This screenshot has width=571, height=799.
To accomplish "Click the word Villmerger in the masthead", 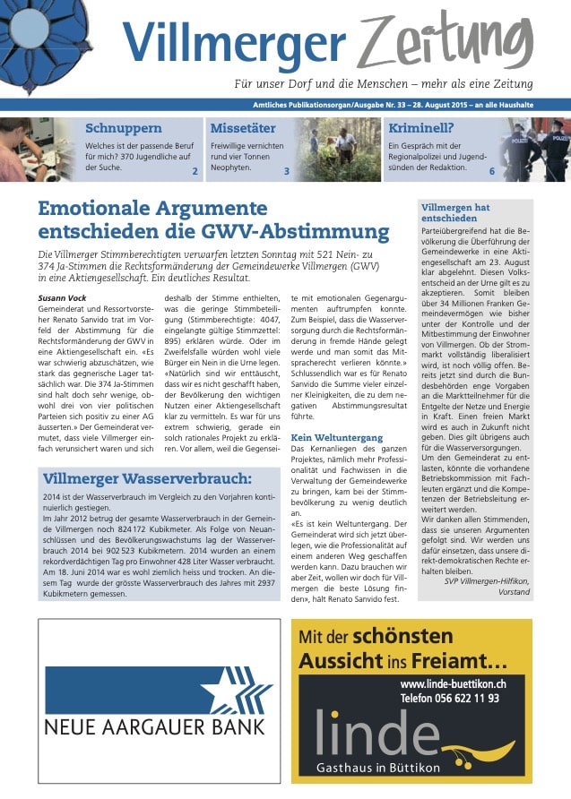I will [234, 42].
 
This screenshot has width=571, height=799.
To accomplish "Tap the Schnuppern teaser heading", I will [123, 128].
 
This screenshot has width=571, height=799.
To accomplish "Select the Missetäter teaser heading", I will [242, 128].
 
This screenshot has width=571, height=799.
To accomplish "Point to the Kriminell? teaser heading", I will [420, 128].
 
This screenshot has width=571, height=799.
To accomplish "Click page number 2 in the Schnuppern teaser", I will [195, 170].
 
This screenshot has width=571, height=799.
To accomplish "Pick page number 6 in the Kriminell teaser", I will [491, 170].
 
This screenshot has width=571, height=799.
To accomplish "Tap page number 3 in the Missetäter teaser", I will [286, 170].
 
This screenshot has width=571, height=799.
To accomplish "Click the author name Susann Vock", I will [64, 296].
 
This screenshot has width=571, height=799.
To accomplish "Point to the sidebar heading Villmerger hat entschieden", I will [455, 213].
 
